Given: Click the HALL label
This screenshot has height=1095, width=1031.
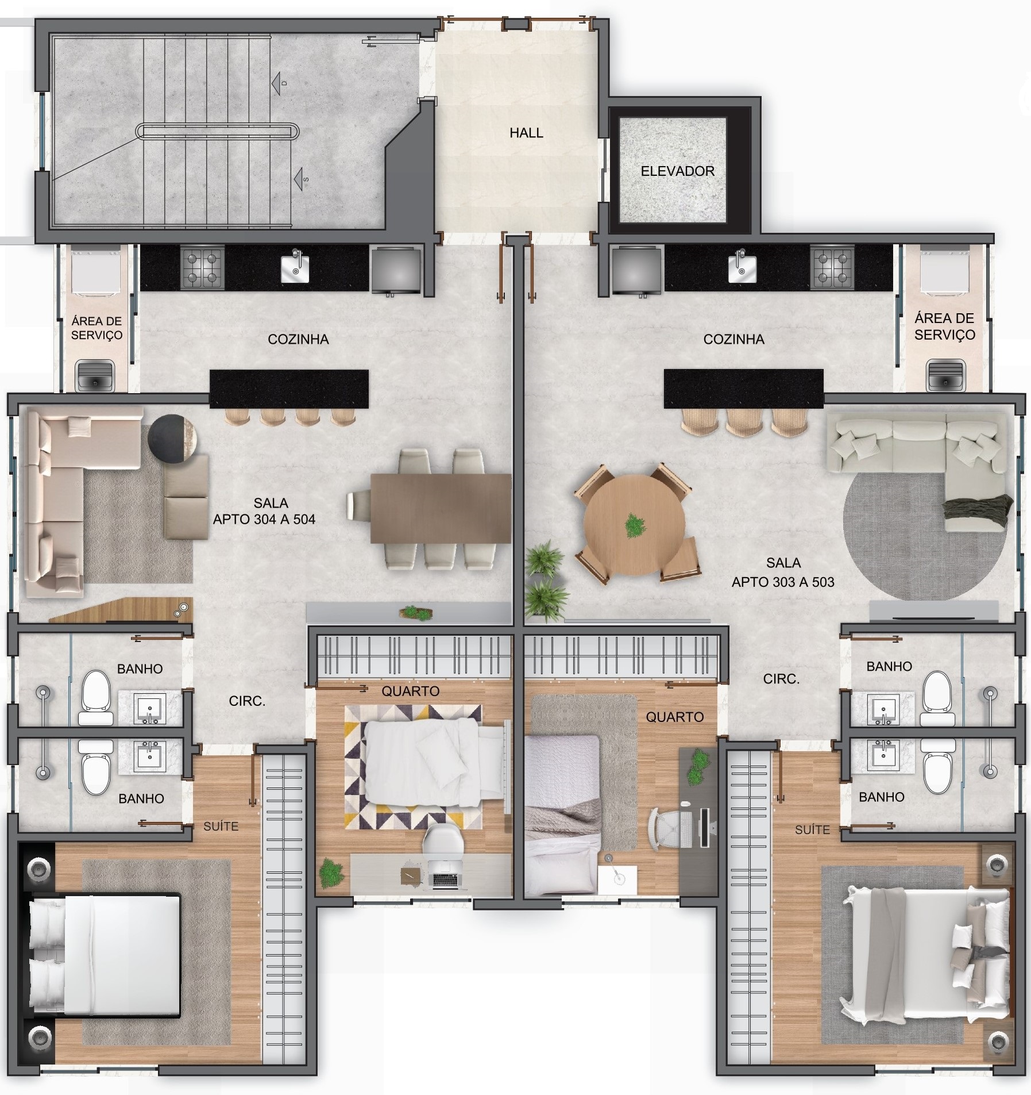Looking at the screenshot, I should pyautogui.click(x=526, y=133).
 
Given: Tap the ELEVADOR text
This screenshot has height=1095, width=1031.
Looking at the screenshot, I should pyautogui.click(x=677, y=171).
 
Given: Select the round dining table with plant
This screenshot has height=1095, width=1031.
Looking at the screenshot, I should pyautogui.click(x=634, y=525).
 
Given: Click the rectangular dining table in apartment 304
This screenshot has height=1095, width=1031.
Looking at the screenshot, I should pyautogui.click(x=441, y=508).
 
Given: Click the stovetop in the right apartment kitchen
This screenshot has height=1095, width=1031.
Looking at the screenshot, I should pyautogui.click(x=832, y=267).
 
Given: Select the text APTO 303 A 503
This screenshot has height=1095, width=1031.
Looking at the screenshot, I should pyautogui.click(x=783, y=582).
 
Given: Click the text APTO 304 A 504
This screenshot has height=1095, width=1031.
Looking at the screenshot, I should pyautogui.click(x=264, y=520).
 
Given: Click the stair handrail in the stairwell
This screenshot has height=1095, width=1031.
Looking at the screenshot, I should pyautogui.click(x=218, y=132).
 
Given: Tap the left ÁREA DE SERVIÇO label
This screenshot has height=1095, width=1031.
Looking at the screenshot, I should pyautogui.click(x=96, y=328).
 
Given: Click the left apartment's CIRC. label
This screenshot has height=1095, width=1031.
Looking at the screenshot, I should pyautogui.click(x=247, y=701).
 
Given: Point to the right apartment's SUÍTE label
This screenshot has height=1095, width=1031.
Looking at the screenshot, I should pyautogui.click(x=812, y=829).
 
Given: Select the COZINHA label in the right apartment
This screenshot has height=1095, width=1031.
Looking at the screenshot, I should pyautogui.click(x=733, y=339).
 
